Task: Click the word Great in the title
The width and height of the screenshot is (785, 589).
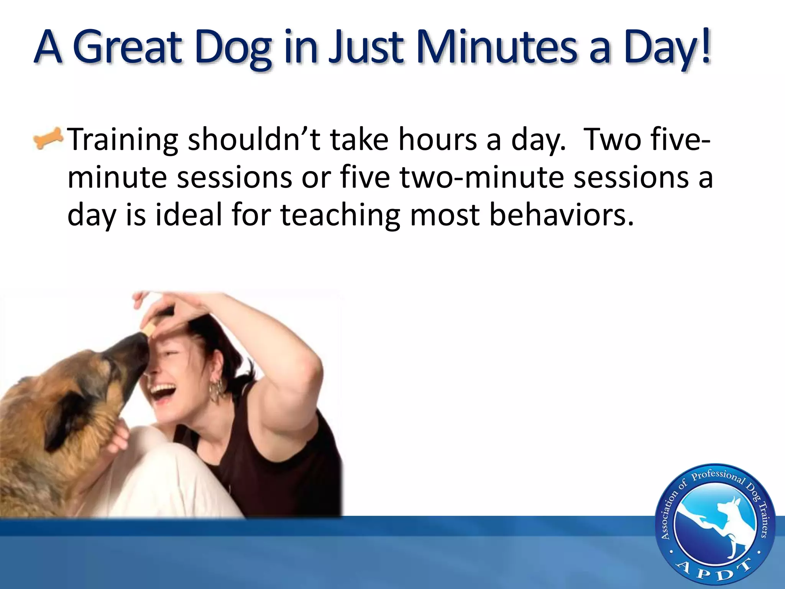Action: tap(126, 48)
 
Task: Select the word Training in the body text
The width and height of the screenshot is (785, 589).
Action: tap(123, 140)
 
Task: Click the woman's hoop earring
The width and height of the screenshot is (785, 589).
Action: tap(217, 389)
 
